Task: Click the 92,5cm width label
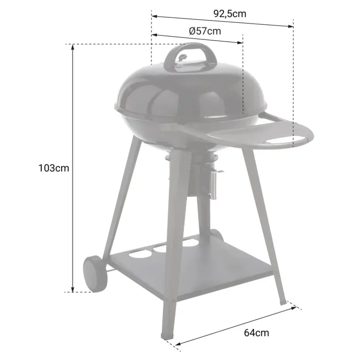230,14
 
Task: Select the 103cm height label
54,168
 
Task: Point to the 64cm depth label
256,333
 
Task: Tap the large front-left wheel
94,273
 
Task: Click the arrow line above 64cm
236,325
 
